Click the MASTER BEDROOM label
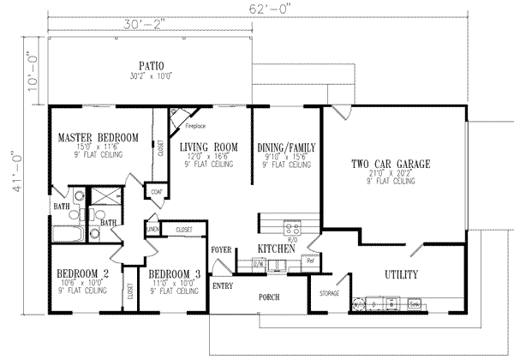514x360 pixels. click(x=99, y=137)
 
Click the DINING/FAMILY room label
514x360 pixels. click(x=286, y=147)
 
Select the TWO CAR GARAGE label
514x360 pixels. click(x=390, y=164)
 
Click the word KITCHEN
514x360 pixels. click(x=277, y=249)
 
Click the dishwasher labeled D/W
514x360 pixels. click(x=259, y=264)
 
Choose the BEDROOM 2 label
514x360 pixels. click(x=83, y=273)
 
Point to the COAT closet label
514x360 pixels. click(x=155, y=193)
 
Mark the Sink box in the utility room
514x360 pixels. click(x=415, y=303)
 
